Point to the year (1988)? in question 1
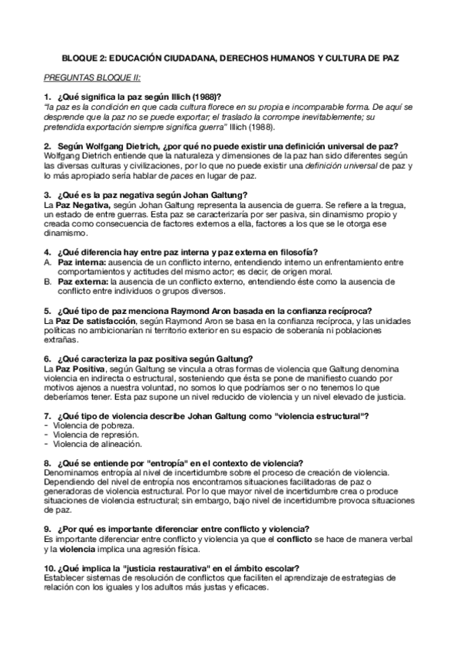(202, 97)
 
